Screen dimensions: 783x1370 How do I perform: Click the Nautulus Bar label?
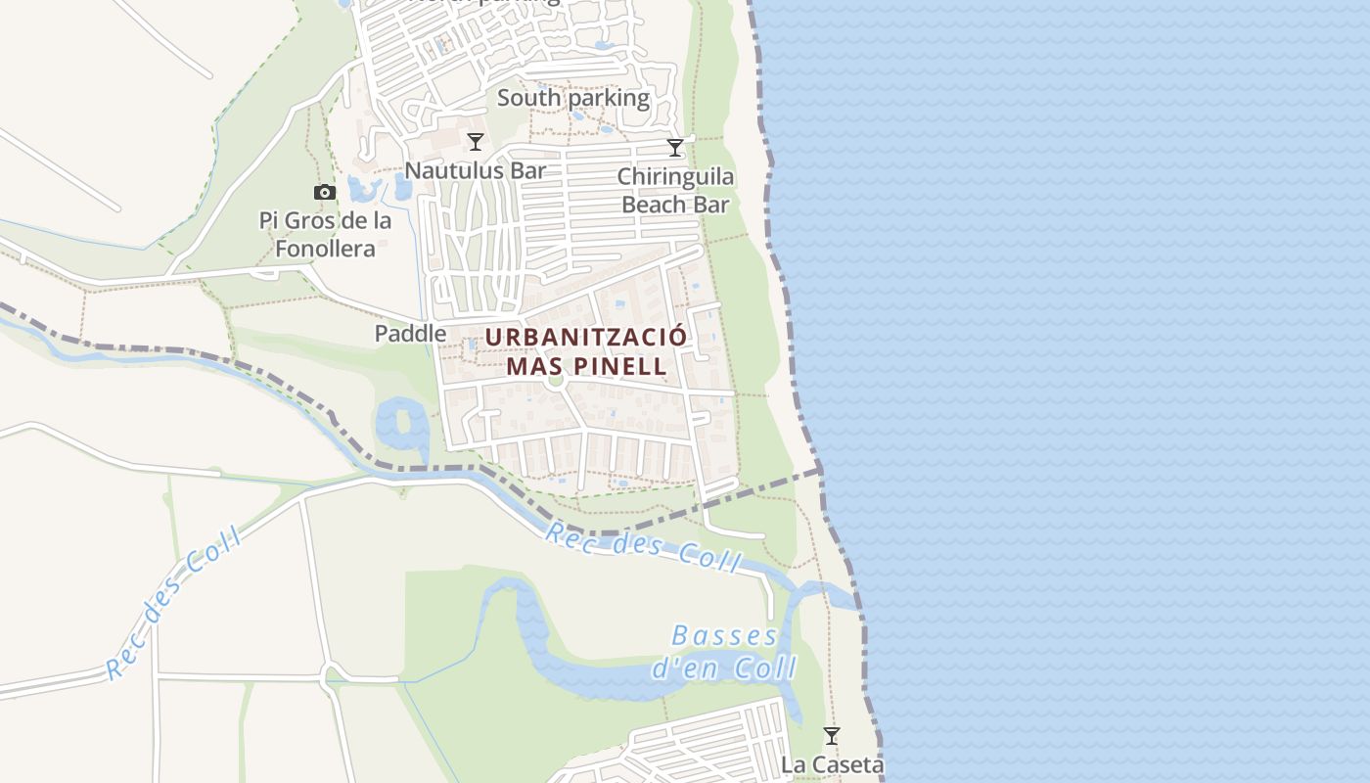pyautogui.click(x=475, y=170)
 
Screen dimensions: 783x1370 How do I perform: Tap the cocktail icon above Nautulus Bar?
pyautogui.click(x=476, y=142)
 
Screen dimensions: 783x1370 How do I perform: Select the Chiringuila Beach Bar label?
pyautogui.click(x=675, y=191)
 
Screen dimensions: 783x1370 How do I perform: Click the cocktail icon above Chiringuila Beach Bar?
pyautogui.click(x=674, y=148)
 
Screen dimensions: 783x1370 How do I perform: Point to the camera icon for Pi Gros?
pyautogui.click(x=325, y=193)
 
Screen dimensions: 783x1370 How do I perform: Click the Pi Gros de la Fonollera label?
pyautogui.click(x=325, y=235)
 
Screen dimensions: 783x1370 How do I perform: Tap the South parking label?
pyautogui.click(x=573, y=98)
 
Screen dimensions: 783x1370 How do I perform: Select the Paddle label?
pyautogui.click(x=410, y=334)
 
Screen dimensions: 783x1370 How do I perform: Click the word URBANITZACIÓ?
pyautogui.click(x=586, y=338)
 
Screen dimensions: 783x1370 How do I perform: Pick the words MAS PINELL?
pyautogui.click(x=586, y=367)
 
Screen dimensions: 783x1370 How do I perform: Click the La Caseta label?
pyautogui.click(x=832, y=764)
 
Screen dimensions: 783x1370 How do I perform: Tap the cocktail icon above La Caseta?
pyautogui.click(x=832, y=735)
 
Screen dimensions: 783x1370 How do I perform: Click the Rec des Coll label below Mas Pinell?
pyautogui.click(x=642, y=549)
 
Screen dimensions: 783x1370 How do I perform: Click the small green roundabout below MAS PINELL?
pyautogui.click(x=556, y=379)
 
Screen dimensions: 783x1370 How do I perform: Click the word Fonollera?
pyautogui.click(x=325, y=249)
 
